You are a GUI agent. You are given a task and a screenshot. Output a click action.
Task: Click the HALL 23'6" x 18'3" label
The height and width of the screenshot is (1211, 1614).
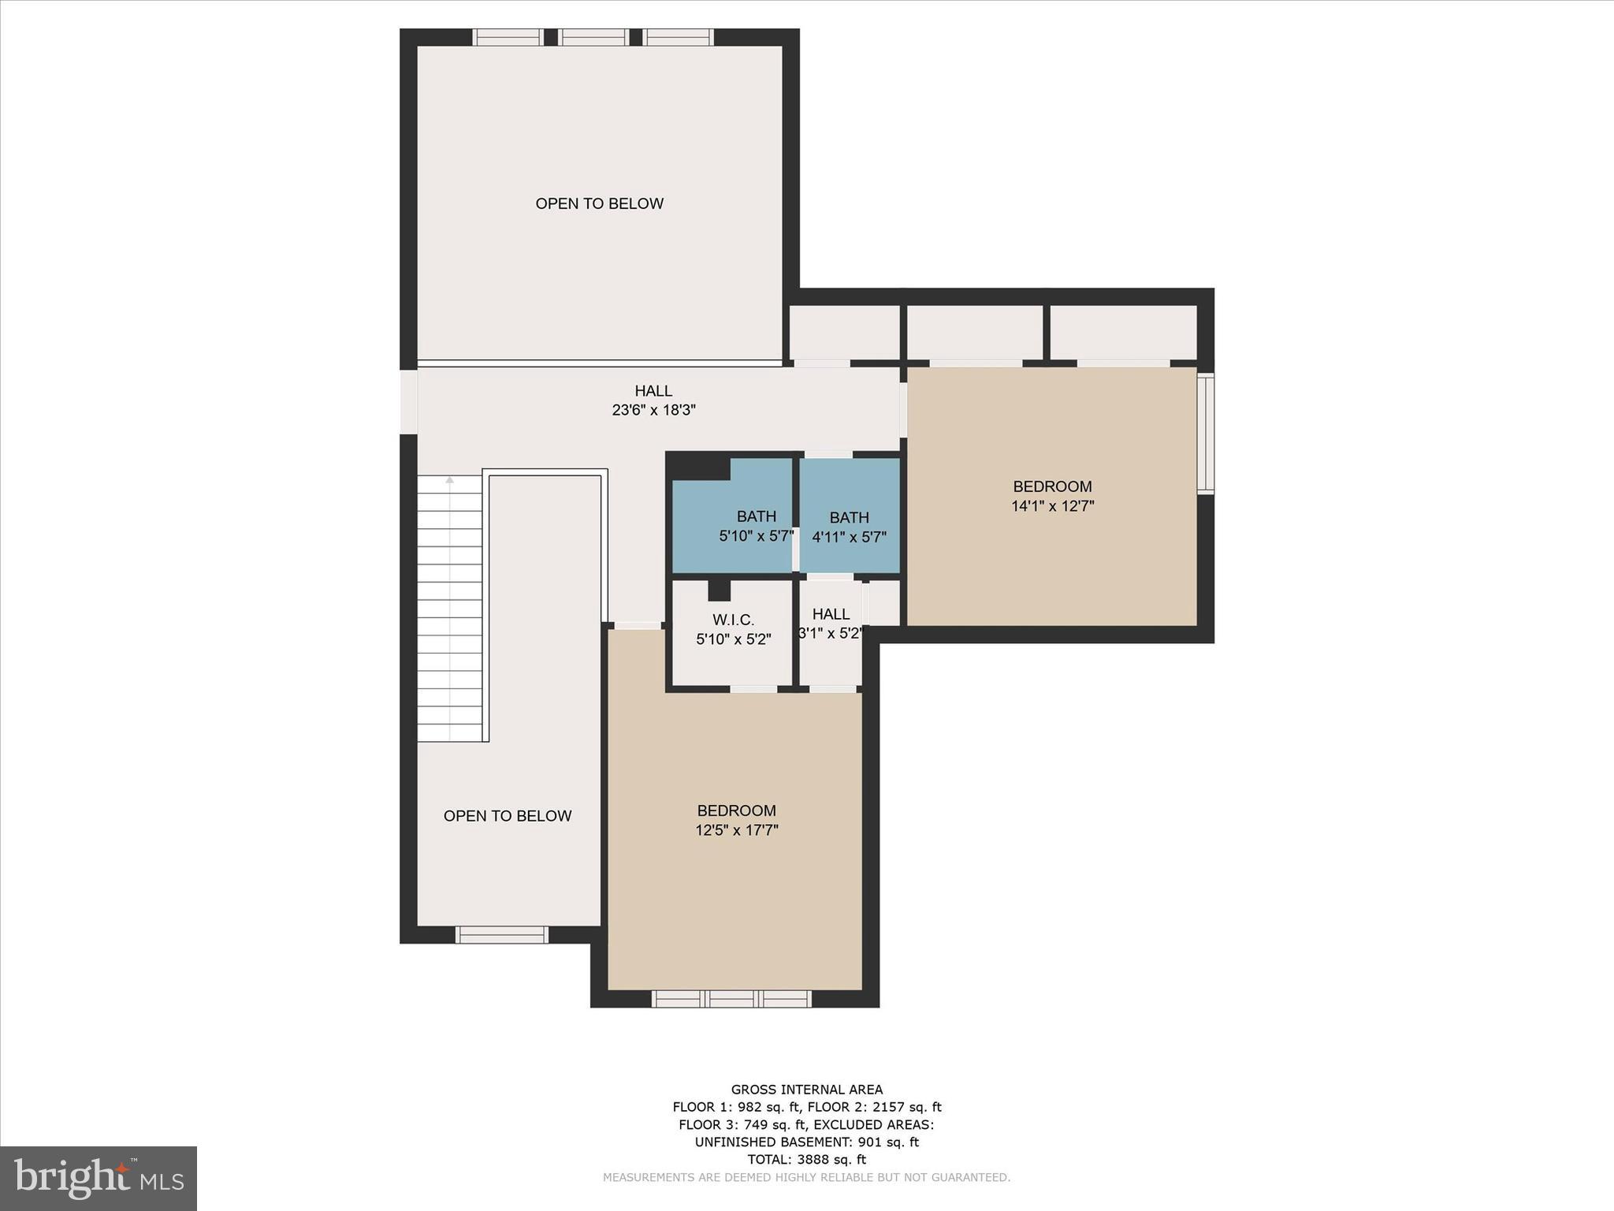(x=653, y=401)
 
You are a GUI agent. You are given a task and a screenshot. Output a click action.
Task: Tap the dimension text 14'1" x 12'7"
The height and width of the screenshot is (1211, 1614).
(x=1052, y=506)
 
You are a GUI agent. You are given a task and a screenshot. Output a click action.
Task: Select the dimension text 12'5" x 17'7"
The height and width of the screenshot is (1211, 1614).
(x=736, y=830)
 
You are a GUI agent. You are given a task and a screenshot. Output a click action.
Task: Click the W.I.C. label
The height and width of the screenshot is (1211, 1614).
(x=733, y=620)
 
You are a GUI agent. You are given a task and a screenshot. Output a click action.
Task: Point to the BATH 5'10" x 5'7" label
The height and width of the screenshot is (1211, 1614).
(x=756, y=527)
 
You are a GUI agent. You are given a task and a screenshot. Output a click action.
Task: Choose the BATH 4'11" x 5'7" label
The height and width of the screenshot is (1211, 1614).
(x=849, y=527)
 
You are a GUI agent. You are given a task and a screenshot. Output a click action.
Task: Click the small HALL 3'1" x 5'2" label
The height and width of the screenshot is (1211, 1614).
(x=831, y=624)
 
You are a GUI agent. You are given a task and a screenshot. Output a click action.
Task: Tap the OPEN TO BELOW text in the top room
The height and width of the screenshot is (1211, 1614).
(x=599, y=203)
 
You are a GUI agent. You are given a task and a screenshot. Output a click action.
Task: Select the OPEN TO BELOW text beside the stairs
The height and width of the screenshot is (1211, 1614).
(x=507, y=816)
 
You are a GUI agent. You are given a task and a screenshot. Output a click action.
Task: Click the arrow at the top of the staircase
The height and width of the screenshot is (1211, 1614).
(x=450, y=479)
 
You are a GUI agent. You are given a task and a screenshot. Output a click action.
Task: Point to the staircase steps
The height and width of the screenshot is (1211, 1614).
(x=449, y=611)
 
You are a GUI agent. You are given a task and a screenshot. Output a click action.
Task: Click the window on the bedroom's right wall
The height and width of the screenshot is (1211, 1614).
(x=1206, y=433)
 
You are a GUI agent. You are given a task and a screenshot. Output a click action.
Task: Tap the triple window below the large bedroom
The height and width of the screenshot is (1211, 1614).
(x=731, y=999)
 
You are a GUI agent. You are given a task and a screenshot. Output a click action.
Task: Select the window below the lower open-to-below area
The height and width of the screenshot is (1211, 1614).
(x=502, y=935)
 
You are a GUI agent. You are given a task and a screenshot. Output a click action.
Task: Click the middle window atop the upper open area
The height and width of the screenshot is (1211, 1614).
(x=593, y=37)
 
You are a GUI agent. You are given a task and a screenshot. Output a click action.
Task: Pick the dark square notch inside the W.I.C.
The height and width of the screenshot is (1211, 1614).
(x=719, y=591)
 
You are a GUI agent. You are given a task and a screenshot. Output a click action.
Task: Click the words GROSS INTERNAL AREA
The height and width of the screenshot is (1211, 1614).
(x=806, y=1090)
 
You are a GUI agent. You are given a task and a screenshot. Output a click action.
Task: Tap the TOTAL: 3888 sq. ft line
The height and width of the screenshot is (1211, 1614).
(x=806, y=1160)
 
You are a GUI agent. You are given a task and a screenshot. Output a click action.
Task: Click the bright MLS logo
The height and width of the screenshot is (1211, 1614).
(x=99, y=1179)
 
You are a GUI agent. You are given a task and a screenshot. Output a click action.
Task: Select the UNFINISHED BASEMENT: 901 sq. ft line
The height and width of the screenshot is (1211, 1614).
(x=806, y=1142)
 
